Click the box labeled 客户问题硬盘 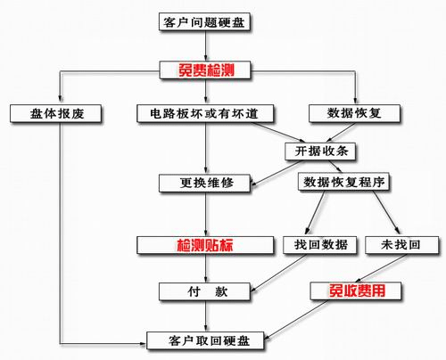click(x=204, y=21)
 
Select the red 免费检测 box click(x=205, y=70)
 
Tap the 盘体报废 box click(x=56, y=113)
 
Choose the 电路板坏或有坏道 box click(x=205, y=113)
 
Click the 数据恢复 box click(x=354, y=113)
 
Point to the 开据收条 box click(x=320, y=151)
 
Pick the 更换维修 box click(x=205, y=183)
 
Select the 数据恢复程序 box click(x=343, y=182)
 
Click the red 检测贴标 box click(x=205, y=245)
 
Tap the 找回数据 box click(x=320, y=245)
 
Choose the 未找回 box click(x=402, y=245)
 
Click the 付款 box click(x=205, y=291)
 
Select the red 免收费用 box click(x=356, y=290)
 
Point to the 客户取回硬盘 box click(x=205, y=340)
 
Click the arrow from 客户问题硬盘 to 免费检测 click(x=205, y=45)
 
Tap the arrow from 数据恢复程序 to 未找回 click(x=387, y=212)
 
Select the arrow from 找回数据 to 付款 click(x=278, y=273)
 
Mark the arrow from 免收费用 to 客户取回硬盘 click(x=296, y=320)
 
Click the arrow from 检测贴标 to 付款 click(x=205, y=268)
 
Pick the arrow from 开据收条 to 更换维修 click(x=277, y=173)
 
